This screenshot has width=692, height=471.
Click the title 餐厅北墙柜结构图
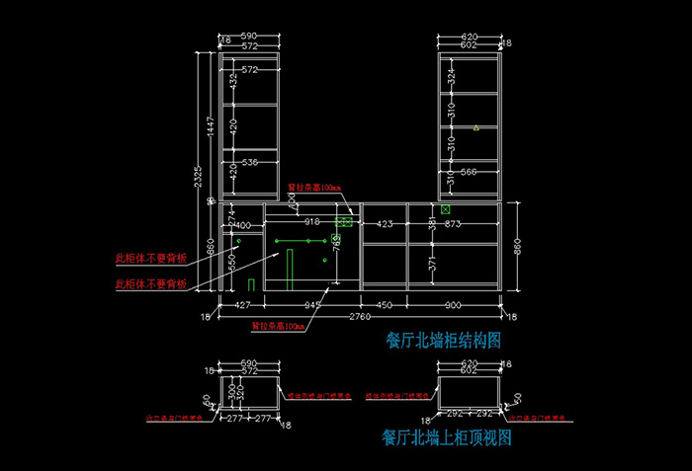444,342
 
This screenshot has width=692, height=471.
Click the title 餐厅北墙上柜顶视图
446,437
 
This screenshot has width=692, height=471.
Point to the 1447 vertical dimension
210,126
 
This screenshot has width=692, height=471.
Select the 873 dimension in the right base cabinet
454,224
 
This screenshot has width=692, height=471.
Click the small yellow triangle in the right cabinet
476,128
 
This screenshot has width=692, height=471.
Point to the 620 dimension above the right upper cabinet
470,37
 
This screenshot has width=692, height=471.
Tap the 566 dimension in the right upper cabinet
469,172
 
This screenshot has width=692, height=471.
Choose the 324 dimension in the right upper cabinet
451,75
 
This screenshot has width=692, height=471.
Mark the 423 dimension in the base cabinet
384,224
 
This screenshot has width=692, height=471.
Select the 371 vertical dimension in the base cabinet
431,265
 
